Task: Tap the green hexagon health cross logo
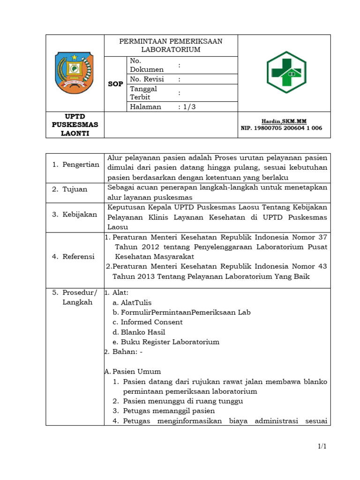click(286, 72)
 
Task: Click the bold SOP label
click(115, 84)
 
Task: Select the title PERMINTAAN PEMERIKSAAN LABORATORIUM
click(171, 45)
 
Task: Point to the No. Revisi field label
click(147, 79)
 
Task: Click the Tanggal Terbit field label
click(143, 93)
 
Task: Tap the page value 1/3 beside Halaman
click(187, 107)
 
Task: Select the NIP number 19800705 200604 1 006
click(281, 128)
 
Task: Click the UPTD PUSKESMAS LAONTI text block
click(75, 125)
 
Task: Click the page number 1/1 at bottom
click(322, 446)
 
